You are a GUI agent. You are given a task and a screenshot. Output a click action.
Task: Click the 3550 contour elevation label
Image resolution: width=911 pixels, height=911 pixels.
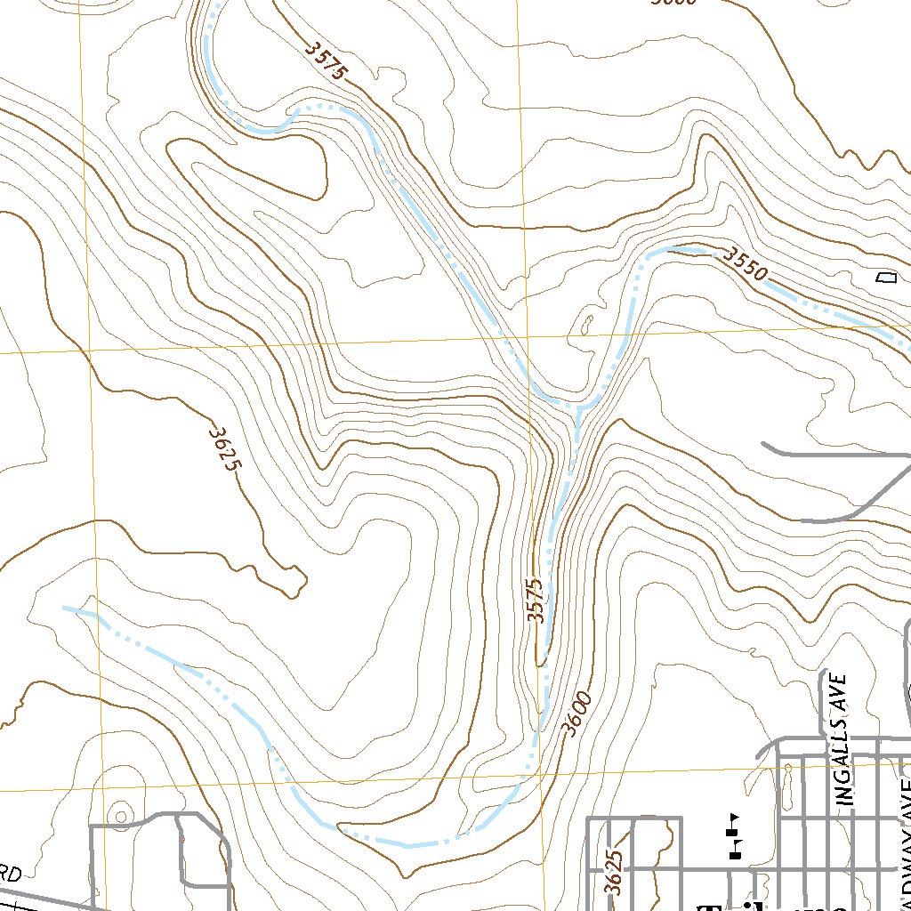point(744,265)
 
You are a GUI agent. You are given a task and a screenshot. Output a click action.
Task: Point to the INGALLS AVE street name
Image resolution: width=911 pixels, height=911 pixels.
point(845,739)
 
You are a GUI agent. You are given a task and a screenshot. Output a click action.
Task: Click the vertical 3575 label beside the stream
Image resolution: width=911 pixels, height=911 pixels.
point(534,601)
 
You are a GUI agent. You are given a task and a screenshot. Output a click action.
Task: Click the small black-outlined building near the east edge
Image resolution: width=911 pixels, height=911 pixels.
point(884,278)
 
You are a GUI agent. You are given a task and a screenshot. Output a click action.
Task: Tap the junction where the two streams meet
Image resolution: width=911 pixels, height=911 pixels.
point(578,407)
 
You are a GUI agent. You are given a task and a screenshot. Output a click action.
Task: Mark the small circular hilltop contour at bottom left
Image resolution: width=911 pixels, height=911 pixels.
point(119,814)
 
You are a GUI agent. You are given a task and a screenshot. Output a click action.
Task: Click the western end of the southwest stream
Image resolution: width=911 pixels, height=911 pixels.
point(64,608)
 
